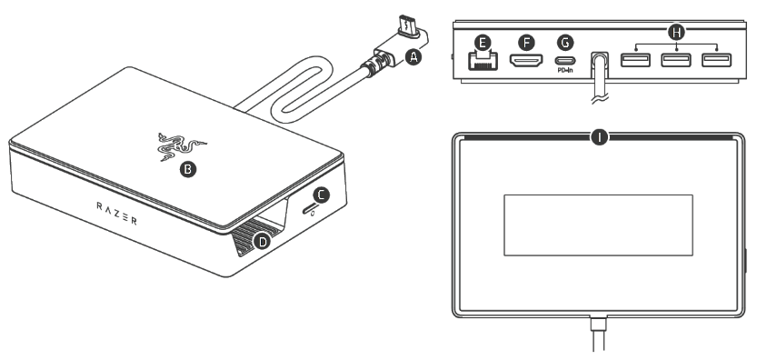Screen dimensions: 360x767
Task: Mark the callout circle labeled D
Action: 264,241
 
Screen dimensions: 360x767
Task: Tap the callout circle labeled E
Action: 483,42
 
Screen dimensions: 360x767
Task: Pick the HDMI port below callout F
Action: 524,62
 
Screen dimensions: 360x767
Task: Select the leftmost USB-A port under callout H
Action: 634,62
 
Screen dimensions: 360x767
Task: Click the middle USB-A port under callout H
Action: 675,62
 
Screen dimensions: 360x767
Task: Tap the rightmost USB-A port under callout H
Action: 716,62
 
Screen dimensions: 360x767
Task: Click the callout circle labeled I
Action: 598,137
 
